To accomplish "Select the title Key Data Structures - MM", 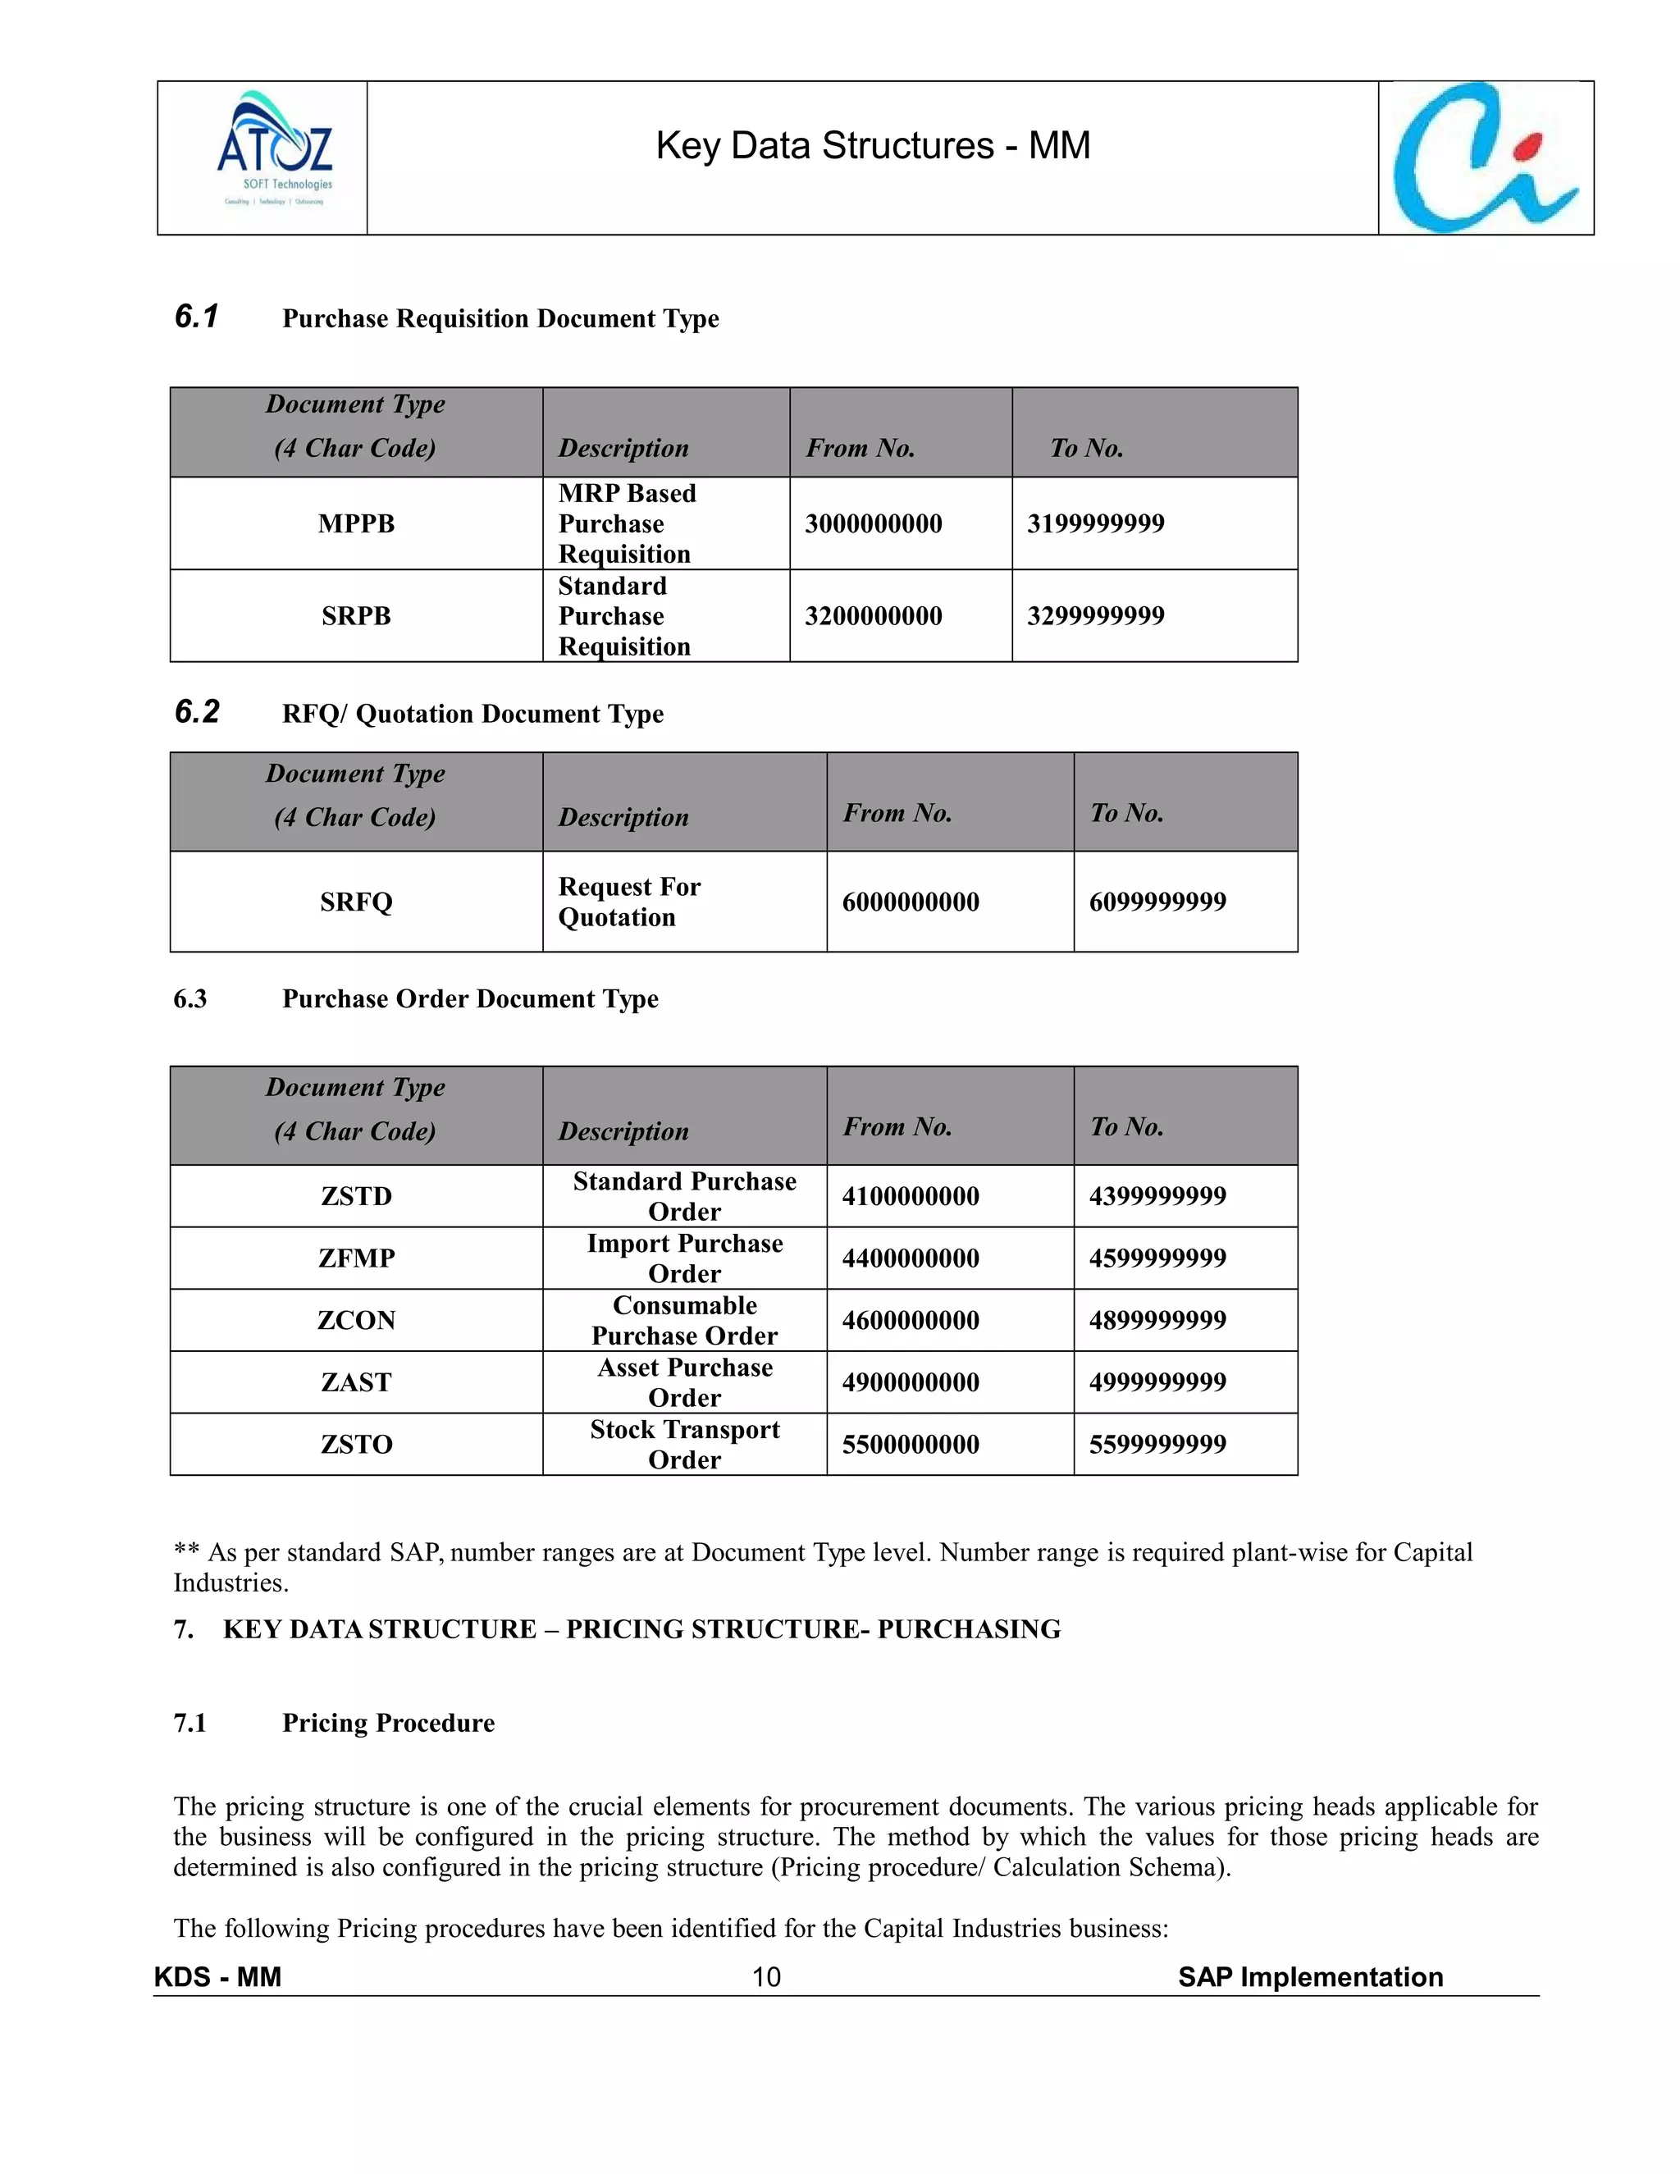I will pos(873,146).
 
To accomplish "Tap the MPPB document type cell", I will pos(356,523).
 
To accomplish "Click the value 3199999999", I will pos(1095,523).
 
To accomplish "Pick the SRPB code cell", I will pos(356,616).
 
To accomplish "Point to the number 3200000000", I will pos(873,616).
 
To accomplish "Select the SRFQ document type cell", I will pos(356,902).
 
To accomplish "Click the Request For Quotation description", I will pos(629,902).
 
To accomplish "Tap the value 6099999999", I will pos(1157,902).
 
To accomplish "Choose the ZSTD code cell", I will pos(356,1196).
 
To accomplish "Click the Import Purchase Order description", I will pos(685,1258).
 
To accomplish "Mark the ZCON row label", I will pos(356,1321).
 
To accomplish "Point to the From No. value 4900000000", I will pos(910,1382).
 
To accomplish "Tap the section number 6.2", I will pos(196,712).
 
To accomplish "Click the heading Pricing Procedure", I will pos(388,1723).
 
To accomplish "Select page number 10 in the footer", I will pos(765,1978).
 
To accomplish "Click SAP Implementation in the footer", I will pos(1310,1978).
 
